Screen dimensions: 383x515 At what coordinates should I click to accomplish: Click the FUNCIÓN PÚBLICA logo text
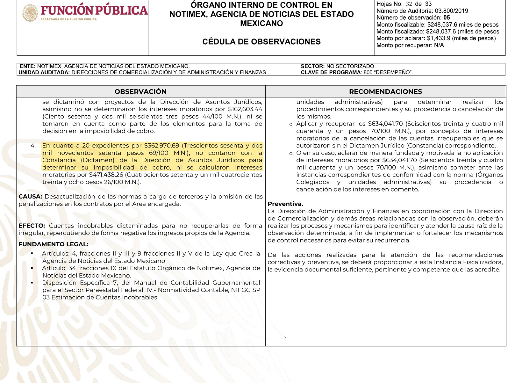coord(94,11)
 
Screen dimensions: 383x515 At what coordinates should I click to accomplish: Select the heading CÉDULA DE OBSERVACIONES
coord(261,42)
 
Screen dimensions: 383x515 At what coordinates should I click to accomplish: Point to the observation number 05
coord(447,18)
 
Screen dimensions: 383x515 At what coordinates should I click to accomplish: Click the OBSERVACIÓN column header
coord(140,92)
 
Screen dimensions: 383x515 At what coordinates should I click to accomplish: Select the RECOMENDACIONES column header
coord(385,92)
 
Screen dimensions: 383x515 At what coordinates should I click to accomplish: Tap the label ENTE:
coord(28,66)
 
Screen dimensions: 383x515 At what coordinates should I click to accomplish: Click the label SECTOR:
coord(312,66)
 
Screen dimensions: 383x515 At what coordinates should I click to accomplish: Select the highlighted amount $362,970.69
coord(161,146)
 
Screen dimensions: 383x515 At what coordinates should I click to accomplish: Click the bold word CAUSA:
coord(30,197)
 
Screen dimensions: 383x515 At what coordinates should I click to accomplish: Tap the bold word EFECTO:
coord(32,226)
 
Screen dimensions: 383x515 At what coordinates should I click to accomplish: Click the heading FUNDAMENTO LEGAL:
coord(54,244)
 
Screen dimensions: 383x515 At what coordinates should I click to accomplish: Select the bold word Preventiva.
coord(285,204)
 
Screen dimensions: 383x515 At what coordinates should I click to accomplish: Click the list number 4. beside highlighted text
coord(33,146)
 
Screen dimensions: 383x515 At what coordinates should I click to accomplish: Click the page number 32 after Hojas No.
coord(409,4)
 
